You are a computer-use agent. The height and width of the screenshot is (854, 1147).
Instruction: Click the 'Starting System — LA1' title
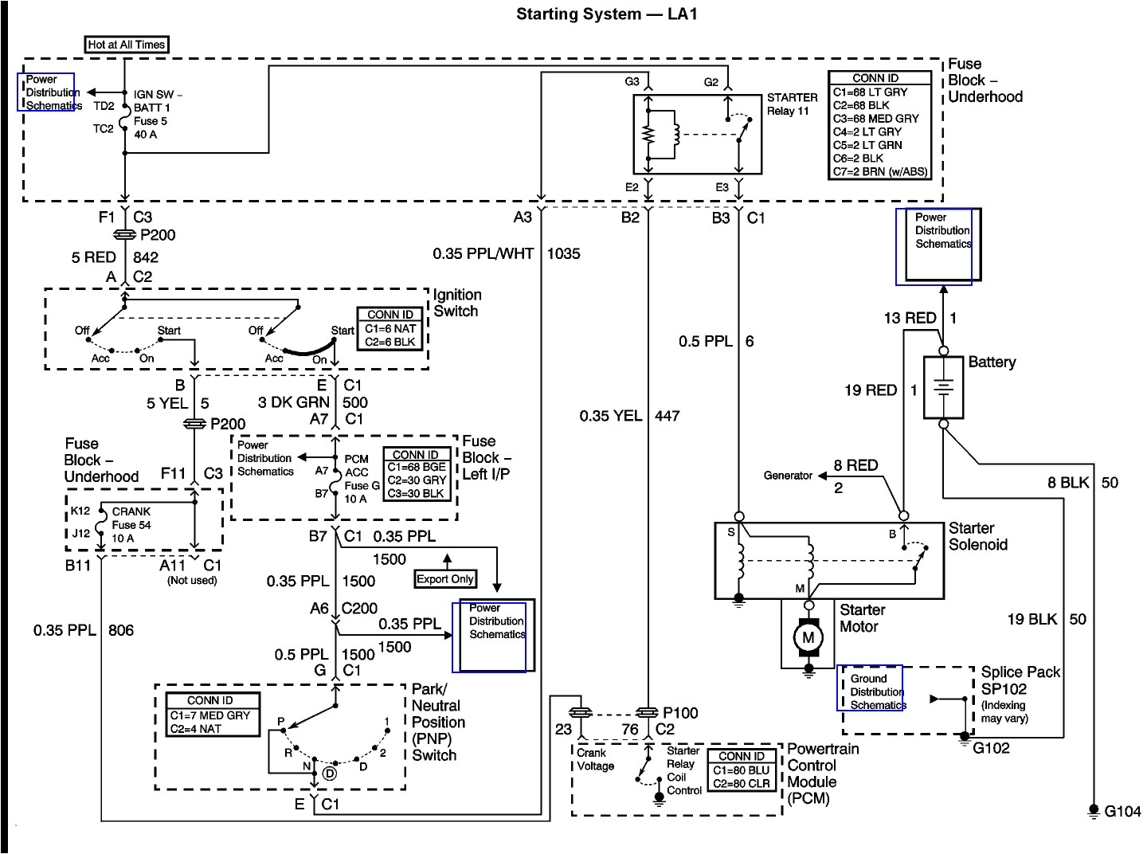(x=606, y=14)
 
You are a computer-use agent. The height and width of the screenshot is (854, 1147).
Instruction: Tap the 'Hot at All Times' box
(x=127, y=45)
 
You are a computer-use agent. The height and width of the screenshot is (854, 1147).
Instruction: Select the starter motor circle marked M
(x=808, y=637)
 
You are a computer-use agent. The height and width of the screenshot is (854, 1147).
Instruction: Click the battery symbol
(x=943, y=388)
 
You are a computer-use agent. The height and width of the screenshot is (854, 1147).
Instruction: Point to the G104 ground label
(x=1122, y=812)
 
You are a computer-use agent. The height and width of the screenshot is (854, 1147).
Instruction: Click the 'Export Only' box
(x=445, y=579)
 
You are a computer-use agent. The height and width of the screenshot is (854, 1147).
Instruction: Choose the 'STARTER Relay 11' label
(x=792, y=104)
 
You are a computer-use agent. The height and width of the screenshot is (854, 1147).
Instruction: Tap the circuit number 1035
(x=563, y=253)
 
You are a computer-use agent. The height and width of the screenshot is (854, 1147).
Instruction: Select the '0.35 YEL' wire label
(x=610, y=415)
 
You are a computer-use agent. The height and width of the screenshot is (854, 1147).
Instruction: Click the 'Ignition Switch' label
(x=457, y=304)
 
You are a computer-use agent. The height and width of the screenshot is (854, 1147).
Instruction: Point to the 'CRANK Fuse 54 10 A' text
(x=131, y=525)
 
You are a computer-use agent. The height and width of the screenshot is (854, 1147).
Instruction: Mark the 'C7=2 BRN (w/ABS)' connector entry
(x=880, y=171)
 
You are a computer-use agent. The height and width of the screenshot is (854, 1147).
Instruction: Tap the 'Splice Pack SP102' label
(x=1020, y=680)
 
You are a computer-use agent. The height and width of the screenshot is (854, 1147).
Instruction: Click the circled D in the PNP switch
(x=329, y=772)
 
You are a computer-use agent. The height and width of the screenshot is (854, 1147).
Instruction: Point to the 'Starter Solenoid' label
(x=977, y=536)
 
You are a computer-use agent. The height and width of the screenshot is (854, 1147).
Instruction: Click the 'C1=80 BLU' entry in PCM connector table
(x=741, y=770)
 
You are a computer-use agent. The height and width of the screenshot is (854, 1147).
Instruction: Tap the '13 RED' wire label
(x=910, y=318)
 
